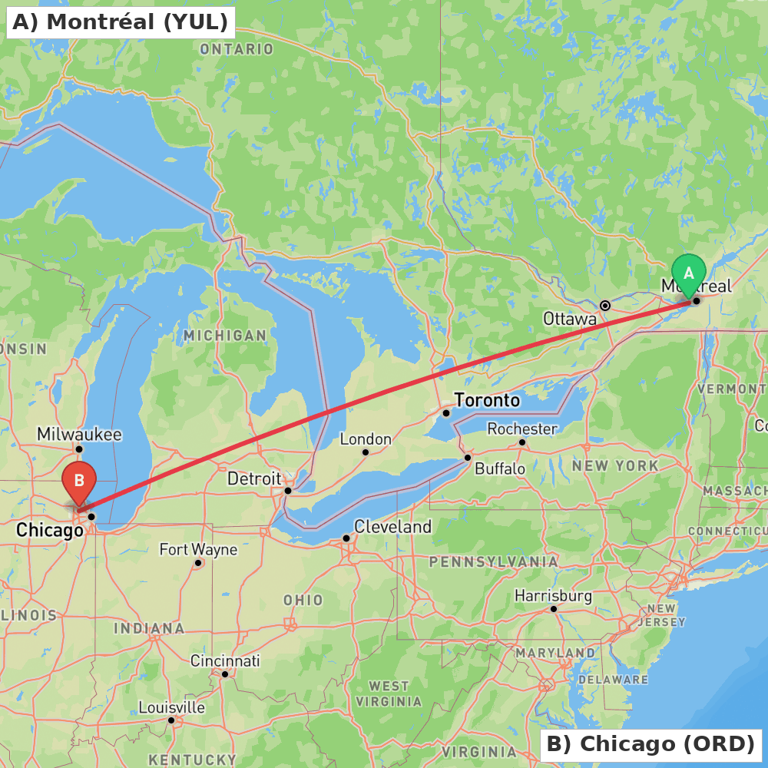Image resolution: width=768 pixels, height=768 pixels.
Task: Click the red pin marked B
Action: click(x=78, y=481)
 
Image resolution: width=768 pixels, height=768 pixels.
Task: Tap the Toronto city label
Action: click(x=487, y=400)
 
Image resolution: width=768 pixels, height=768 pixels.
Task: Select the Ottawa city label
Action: click(x=569, y=318)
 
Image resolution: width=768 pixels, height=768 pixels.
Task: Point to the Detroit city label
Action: click(x=254, y=478)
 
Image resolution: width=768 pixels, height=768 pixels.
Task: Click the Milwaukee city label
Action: click(x=79, y=434)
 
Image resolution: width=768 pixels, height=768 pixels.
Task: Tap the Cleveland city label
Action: click(x=392, y=527)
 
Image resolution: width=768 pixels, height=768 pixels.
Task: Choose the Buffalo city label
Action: click(x=500, y=468)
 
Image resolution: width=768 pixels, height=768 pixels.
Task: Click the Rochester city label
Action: click(x=522, y=428)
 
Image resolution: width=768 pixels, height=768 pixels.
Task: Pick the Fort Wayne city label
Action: click(x=198, y=549)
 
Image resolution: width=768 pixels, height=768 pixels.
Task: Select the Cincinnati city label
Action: click(x=225, y=660)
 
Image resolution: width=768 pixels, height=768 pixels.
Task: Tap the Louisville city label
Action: click(x=171, y=707)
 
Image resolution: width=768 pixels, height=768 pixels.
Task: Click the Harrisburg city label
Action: click(x=553, y=595)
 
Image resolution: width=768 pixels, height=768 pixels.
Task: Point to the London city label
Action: click(x=366, y=439)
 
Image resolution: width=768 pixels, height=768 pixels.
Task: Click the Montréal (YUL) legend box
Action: click(x=120, y=22)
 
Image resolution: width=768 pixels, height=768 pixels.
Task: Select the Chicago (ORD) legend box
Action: click(x=650, y=744)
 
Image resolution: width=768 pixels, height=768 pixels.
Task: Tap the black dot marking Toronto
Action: click(x=445, y=412)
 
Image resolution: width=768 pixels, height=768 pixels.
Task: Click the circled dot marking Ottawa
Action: click(x=605, y=305)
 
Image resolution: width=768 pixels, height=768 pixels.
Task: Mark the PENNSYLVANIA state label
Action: click(x=493, y=562)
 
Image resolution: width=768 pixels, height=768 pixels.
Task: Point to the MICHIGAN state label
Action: click(x=225, y=336)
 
